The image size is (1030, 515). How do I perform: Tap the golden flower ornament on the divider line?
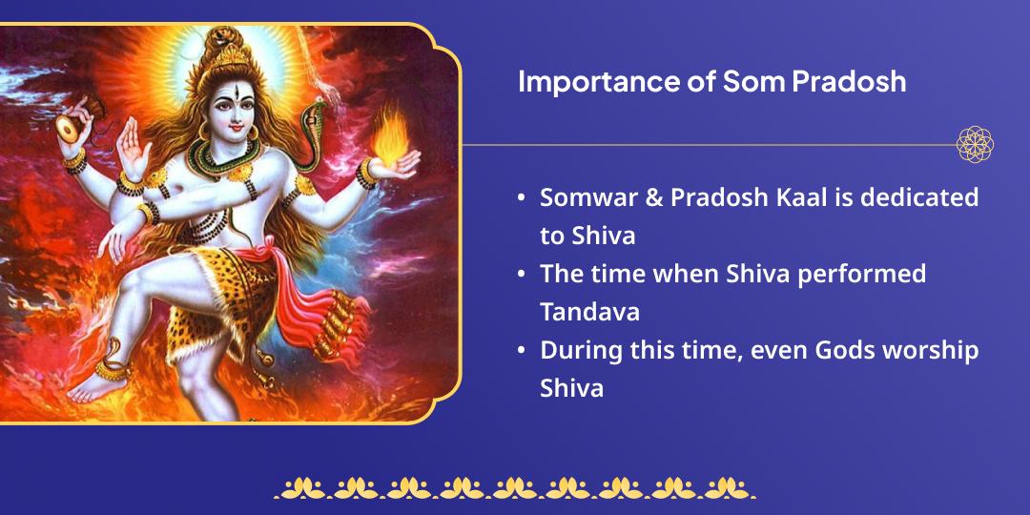click(975, 145)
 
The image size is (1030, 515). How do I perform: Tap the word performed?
click(866, 275)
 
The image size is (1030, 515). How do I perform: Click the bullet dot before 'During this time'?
click(521, 351)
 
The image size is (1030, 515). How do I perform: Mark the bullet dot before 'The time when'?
click(521, 275)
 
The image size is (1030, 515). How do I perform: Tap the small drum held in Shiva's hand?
click(70, 129)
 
